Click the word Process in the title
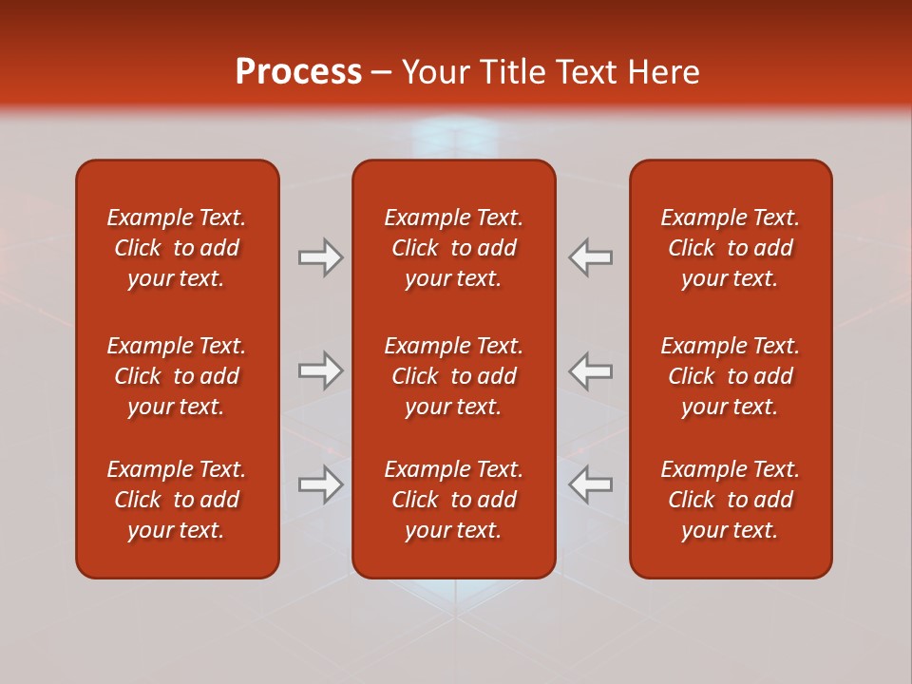pyautogui.click(x=298, y=72)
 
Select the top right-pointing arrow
pyautogui.click(x=321, y=257)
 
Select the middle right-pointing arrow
pyautogui.click(x=321, y=370)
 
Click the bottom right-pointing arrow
pyautogui.click(x=321, y=484)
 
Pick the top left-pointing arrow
pyautogui.click(x=591, y=257)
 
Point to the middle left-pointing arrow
pyautogui.click(x=591, y=370)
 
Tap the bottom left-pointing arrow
pyautogui.click(x=591, y=484)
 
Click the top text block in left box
pyautogui.click(x=177, y=248)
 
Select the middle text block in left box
pyautogui.click(x=177, y=376)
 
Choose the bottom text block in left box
pyautogui.click(x=177, y=500)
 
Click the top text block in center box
pyautogui.click(x=453, y=248)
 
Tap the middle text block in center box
pyautogui.click(x=453, y=376)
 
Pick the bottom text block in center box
pyautogui.click(x=453, y=500)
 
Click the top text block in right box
pyautogui.click(x=730, y=248)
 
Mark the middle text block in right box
pyautogui.click(x=730, y=376)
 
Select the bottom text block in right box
pyautogui.click(x=730, y=500)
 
